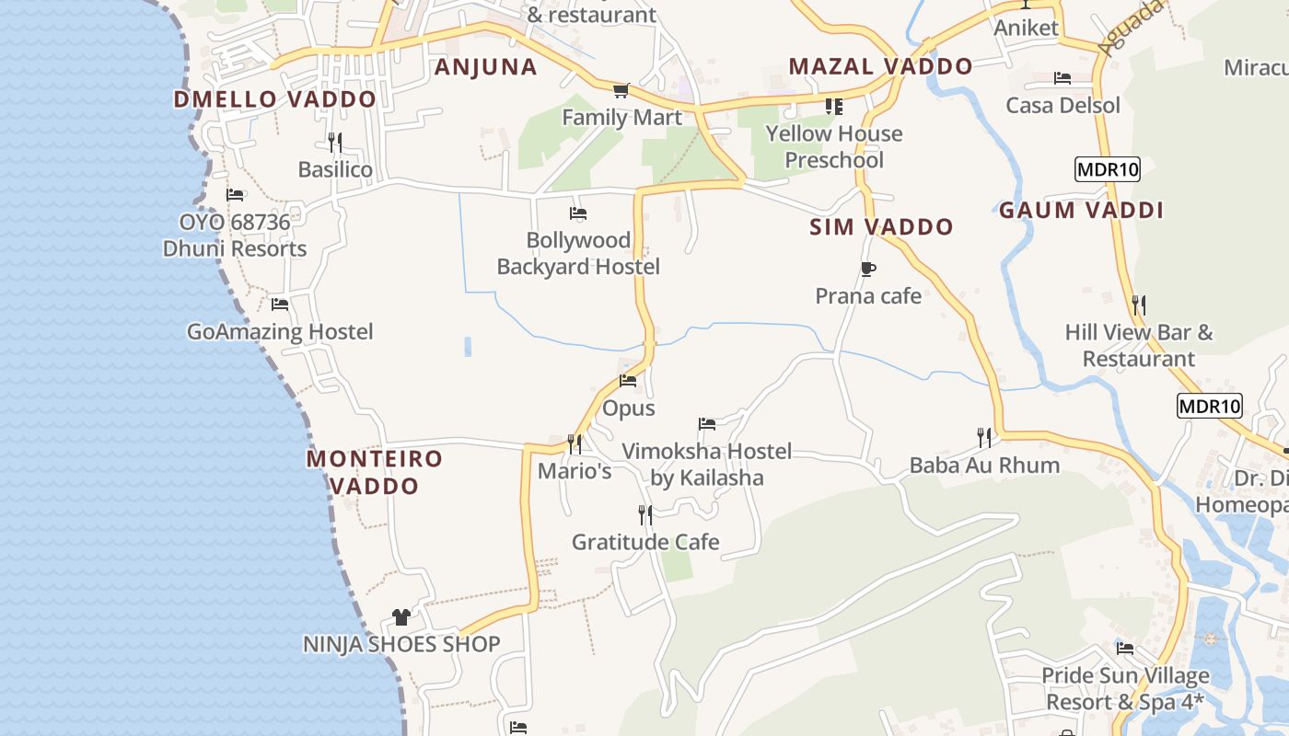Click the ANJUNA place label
coord(485,67)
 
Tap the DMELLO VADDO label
coord(274,99)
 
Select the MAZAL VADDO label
coord(880,66)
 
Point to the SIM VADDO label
coord(881,227)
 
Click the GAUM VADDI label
coord(1081,211)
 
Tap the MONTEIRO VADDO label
coord(375,472)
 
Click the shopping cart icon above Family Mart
coord(621,90)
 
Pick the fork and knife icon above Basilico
coord(335,142)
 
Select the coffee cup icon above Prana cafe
coord(867,269)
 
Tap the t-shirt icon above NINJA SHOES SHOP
coord(401,616)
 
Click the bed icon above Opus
coord(628,380)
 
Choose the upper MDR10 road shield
coord(1108,169)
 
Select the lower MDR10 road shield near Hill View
coord(1210,406)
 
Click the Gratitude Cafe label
coord(645,542)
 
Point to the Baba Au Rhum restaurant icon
coord(984,437)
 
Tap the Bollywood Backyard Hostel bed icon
coord(578,213)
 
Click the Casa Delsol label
coord(1063,105)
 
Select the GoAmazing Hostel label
coord(280,331)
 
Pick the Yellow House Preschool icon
coord(834,107)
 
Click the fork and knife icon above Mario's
coord(575,444)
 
